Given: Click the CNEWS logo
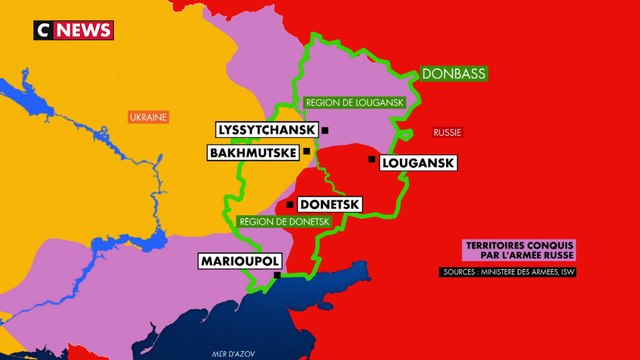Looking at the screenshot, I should [74, 30].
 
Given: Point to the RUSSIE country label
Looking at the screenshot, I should [446, 133].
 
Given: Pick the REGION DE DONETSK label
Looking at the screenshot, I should [283, 221].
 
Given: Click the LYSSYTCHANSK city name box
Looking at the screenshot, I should [266, 131].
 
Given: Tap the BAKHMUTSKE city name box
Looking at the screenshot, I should [253, 153].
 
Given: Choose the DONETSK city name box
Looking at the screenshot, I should [329, 204].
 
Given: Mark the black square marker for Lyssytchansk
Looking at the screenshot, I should [325, 131].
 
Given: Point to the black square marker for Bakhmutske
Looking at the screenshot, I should [306, 152].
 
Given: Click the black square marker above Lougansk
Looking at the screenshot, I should [371, 158].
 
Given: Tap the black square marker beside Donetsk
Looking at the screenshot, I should [290, 204].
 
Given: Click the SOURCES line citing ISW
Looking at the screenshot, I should [509, 272].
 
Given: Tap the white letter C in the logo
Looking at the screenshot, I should [42, 30].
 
